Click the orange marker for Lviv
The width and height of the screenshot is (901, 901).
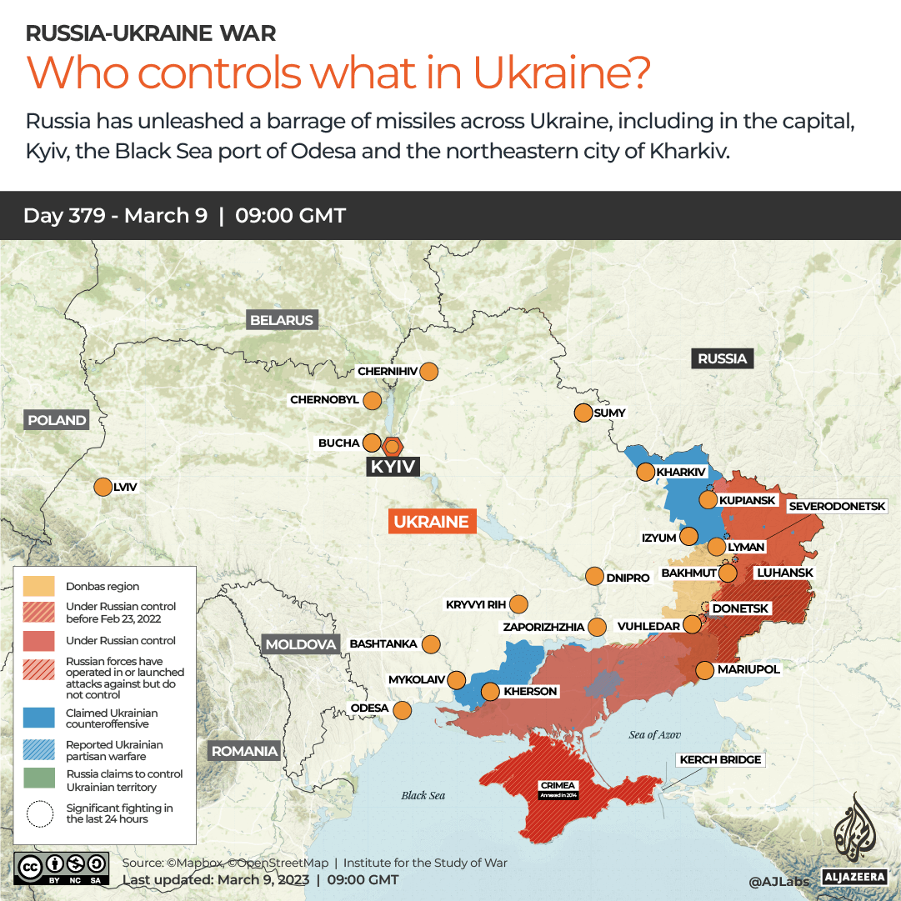(x=103, y=488)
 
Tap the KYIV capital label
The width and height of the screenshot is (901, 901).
(x=393, y=467)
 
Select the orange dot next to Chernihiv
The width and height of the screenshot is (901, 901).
(x=429, y=372)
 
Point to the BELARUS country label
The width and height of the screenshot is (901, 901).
(x=282, y=320)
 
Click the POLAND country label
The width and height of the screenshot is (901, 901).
(x=57, y=420)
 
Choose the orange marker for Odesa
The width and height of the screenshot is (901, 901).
(x=402, y=710)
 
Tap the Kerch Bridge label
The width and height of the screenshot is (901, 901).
(x=721, y=760)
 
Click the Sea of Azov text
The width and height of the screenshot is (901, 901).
(x=654, y=734)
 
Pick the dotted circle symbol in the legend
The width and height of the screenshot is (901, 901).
(x=38, y=813)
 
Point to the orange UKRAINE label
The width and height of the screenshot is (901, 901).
(x=431, y=522)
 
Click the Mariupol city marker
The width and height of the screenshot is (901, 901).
(x=704, y=669)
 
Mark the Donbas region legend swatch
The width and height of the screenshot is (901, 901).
(x=38, y=586)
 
